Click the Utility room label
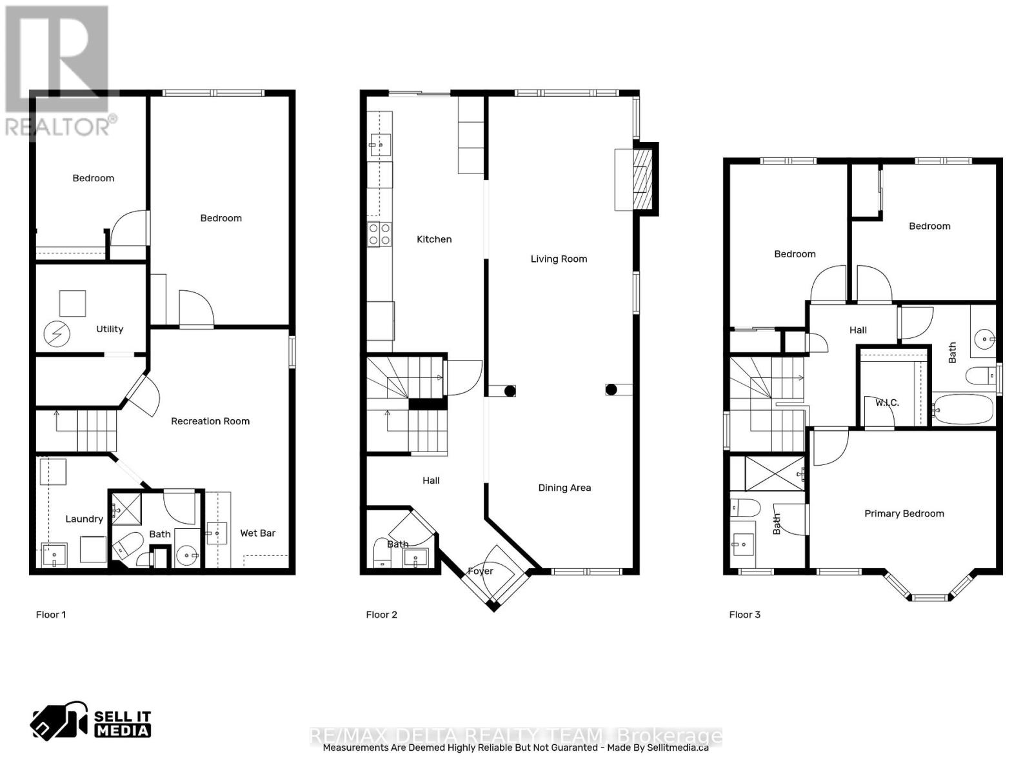(x=110, y=329)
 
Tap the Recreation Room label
(x=210, y=421)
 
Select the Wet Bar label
(x=257, y=533)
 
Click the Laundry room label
(x=84, y=519)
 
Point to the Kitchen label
(x=434, y=239)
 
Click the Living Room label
(x=559, y=259)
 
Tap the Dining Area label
(x=564, y=488)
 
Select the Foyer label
(x=481, y=571)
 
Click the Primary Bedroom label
(x=904, y=513)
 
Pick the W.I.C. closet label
(x=887, y=402)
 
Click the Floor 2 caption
(x=381, y=615)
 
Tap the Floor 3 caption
(x=744, y=615)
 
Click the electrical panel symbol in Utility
(x=56, y=334)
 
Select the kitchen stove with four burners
(x=379, y=233)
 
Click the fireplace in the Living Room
(x=642, y=179)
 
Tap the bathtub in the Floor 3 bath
(x=963, y=409)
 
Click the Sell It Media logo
(x=91, y=724)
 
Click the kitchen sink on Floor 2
(x=380, y=144)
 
